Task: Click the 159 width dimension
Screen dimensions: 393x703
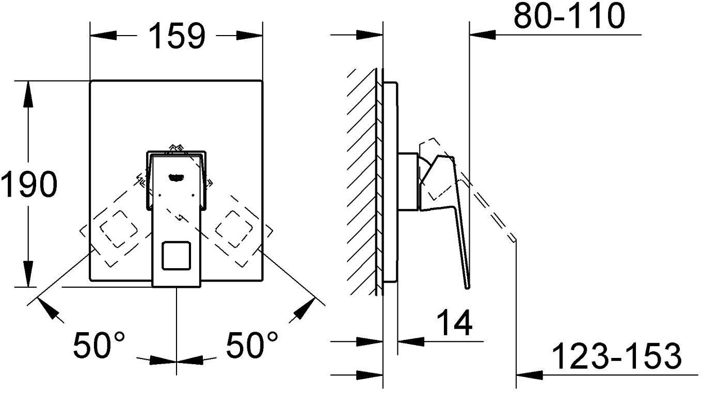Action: (177, 36)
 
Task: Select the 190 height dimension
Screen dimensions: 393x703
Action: (28, 184)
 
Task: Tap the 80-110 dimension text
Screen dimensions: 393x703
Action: (569, 17)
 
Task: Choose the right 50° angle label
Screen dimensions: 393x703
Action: (252, 345)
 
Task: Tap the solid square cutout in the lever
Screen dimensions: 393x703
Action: (177, 256)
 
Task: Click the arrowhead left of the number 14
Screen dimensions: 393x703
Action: (411, 341)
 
